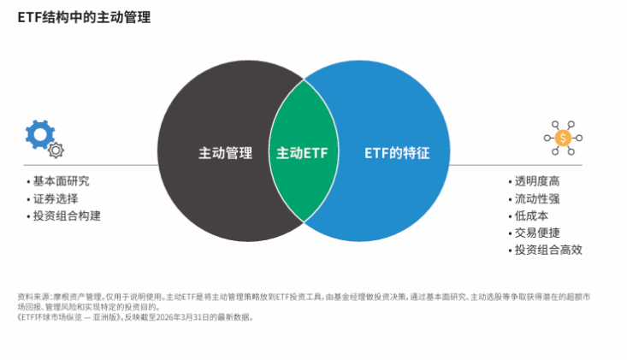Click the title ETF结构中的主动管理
(x=84, y=18)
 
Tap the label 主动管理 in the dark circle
(x=226, y=153)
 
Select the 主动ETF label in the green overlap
(x=302, y=153)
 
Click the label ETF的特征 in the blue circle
(x=397, y=153)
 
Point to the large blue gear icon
(x=40, y=134)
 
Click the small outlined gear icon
(x=56, y=150)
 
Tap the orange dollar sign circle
(x=563, y=138)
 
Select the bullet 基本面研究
(x=62, y=181)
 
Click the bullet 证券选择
(x=56, y=198)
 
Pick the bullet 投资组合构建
(x=67, y=215)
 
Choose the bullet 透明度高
(x=537, y=181)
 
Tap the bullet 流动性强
(x=537, y=198)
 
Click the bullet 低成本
(x=531, y=215)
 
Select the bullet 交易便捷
(x=537, y=233)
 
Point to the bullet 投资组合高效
(x=548, y=250)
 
